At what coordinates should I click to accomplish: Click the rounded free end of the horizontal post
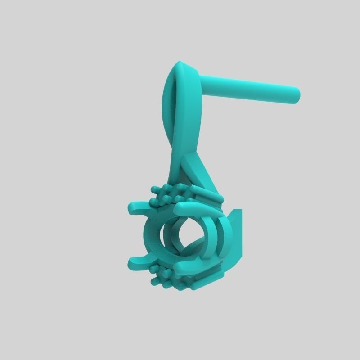pyautogui.click(x=295, y=95)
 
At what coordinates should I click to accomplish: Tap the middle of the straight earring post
pyautogui.click(x=247, y=87)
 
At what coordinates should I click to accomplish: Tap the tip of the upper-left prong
pyautogui.click(x=131, y=207)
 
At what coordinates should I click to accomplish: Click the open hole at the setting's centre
pyautogui.click(x=188, y=234)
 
